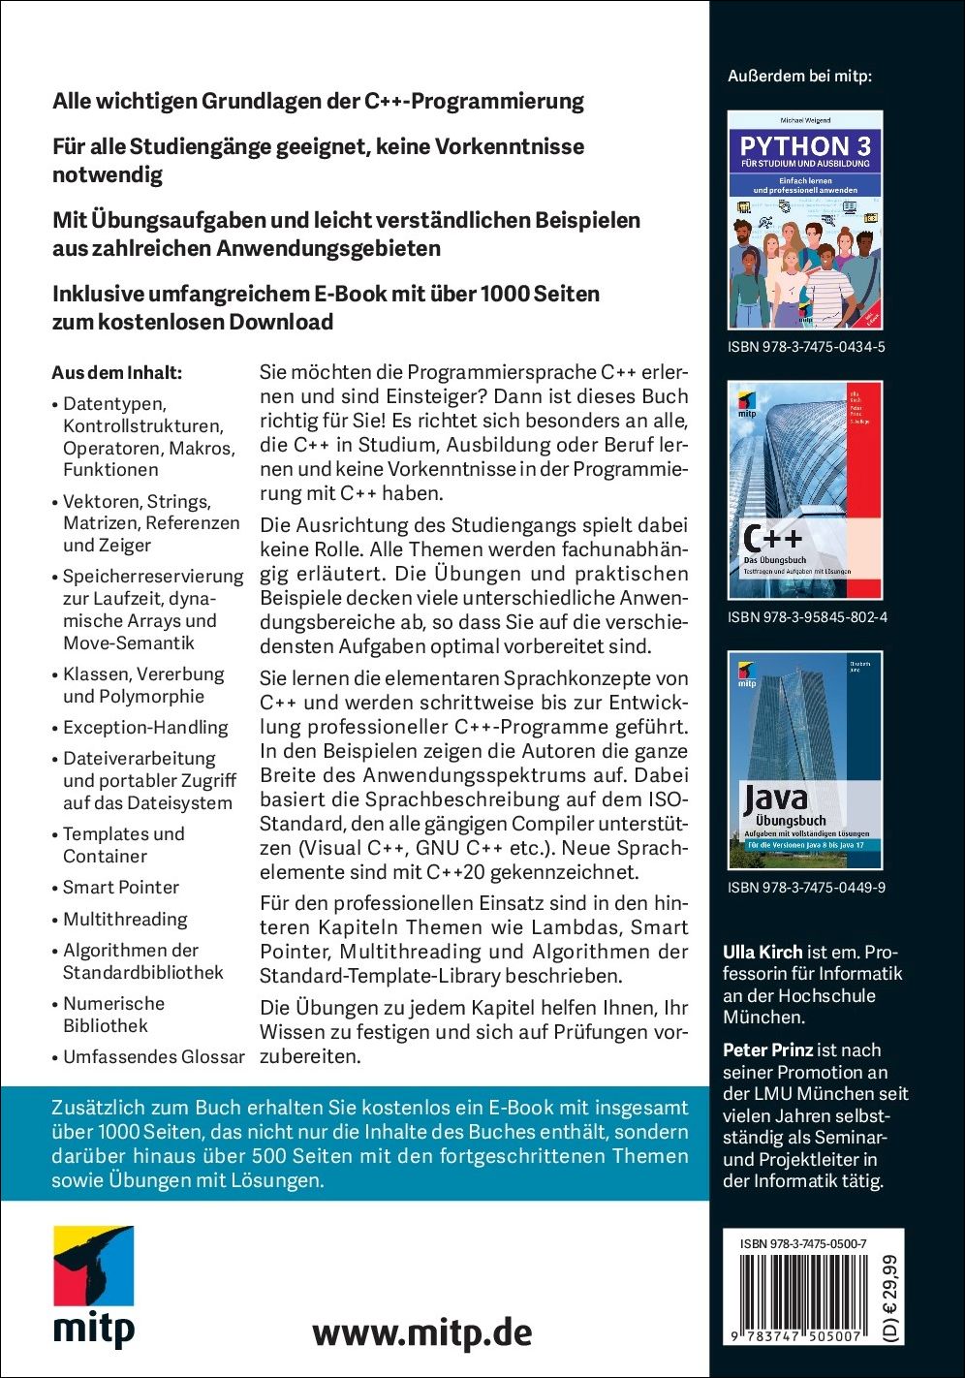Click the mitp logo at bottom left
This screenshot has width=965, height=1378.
click(x=93, y=1285)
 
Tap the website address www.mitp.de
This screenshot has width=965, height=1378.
click(x=422, y=1331)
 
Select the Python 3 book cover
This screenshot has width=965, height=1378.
click(x=804, y=220)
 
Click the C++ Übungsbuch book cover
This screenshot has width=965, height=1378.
click(x=804, y=489)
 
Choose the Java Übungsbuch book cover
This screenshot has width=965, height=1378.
click(x=804, y=760)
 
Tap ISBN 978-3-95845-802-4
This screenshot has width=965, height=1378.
click(x=805, y=617)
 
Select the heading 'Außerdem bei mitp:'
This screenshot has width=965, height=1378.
click(x=799, y=75)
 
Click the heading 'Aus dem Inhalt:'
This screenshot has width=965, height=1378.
click(x=117, y=372)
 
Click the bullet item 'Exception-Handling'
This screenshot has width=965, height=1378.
click(x=145, y=727)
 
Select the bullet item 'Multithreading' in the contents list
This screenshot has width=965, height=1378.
click(x=125, y=919)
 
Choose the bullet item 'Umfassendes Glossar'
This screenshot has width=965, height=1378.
click(x=153, y=1056)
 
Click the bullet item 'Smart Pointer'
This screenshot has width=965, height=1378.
click(x=121, y=887)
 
